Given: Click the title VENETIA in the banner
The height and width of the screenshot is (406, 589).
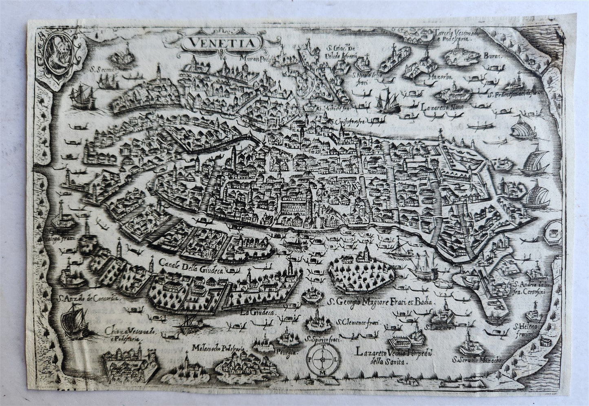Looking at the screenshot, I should point(221,43).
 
